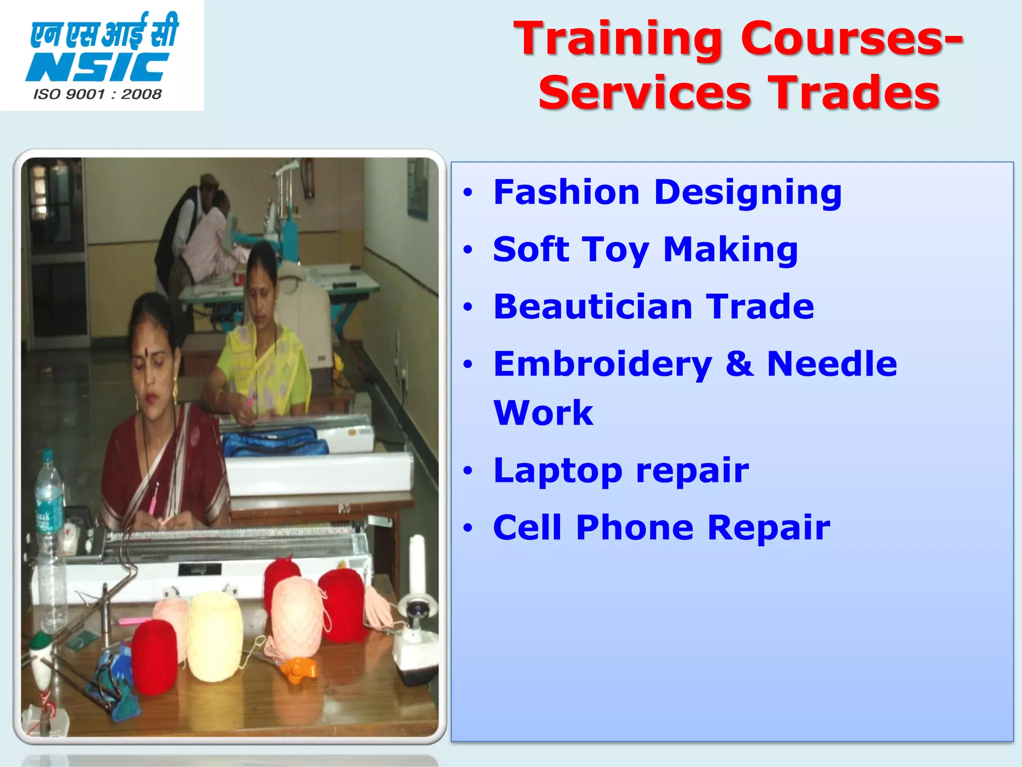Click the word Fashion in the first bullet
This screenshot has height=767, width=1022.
pyautogui.click(x=566, y=192)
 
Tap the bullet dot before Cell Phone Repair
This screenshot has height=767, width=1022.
pyautogui.click(x=467, y=528)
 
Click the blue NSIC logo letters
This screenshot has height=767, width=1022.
pyautogui.click(x=97, y=67)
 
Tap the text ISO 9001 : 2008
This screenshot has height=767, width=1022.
pyautogui.click(x=97, y=94)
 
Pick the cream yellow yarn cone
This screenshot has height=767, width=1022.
pyautogui.click(x=215, y=637)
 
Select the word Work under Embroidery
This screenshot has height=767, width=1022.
pyautogui.click(x=543, y=413)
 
